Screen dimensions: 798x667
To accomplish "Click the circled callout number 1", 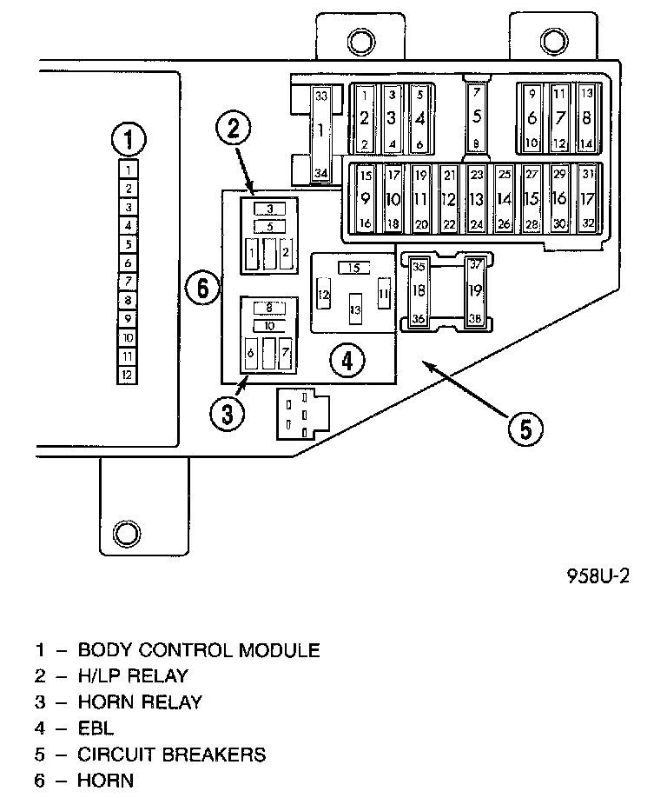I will click(129, 139).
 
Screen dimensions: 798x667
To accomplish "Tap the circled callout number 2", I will click(233, 130).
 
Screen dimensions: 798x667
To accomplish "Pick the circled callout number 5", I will click(525, 428).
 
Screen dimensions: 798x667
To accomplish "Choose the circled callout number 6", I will click(203, 287).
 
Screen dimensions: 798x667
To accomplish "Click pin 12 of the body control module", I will click(128, 375).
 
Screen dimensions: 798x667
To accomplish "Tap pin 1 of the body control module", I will click(128, 170).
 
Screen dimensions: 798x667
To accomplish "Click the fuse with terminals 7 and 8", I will click(476, 116).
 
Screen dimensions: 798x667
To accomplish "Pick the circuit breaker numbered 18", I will click(419, 291).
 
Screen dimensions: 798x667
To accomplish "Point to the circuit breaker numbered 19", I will click(475, 291).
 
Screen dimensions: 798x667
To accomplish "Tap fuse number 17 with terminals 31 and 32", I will click(588, 198).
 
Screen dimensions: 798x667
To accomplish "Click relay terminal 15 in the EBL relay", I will click(353, 267).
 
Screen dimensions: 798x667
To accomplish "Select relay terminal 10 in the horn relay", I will click(269, 325).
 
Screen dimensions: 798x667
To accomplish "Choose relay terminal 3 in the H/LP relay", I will click(269, 209).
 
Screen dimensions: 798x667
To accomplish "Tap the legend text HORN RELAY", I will click(140, 702).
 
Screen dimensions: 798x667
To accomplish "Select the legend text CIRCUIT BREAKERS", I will click(172, 754).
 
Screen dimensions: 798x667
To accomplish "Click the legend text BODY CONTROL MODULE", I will click(199, 650).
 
